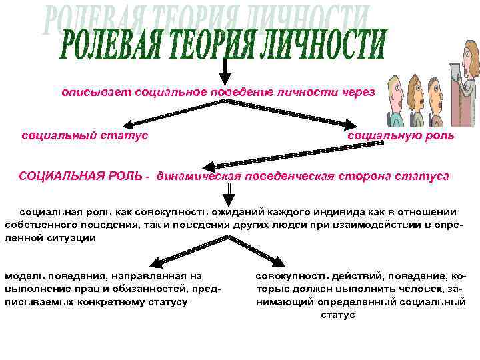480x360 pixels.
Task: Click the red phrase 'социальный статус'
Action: click(x=85, y=135)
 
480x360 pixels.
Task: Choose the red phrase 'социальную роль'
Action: click(x=401, y=135)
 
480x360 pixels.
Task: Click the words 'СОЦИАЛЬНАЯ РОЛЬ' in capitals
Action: click(x=80, y=176)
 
